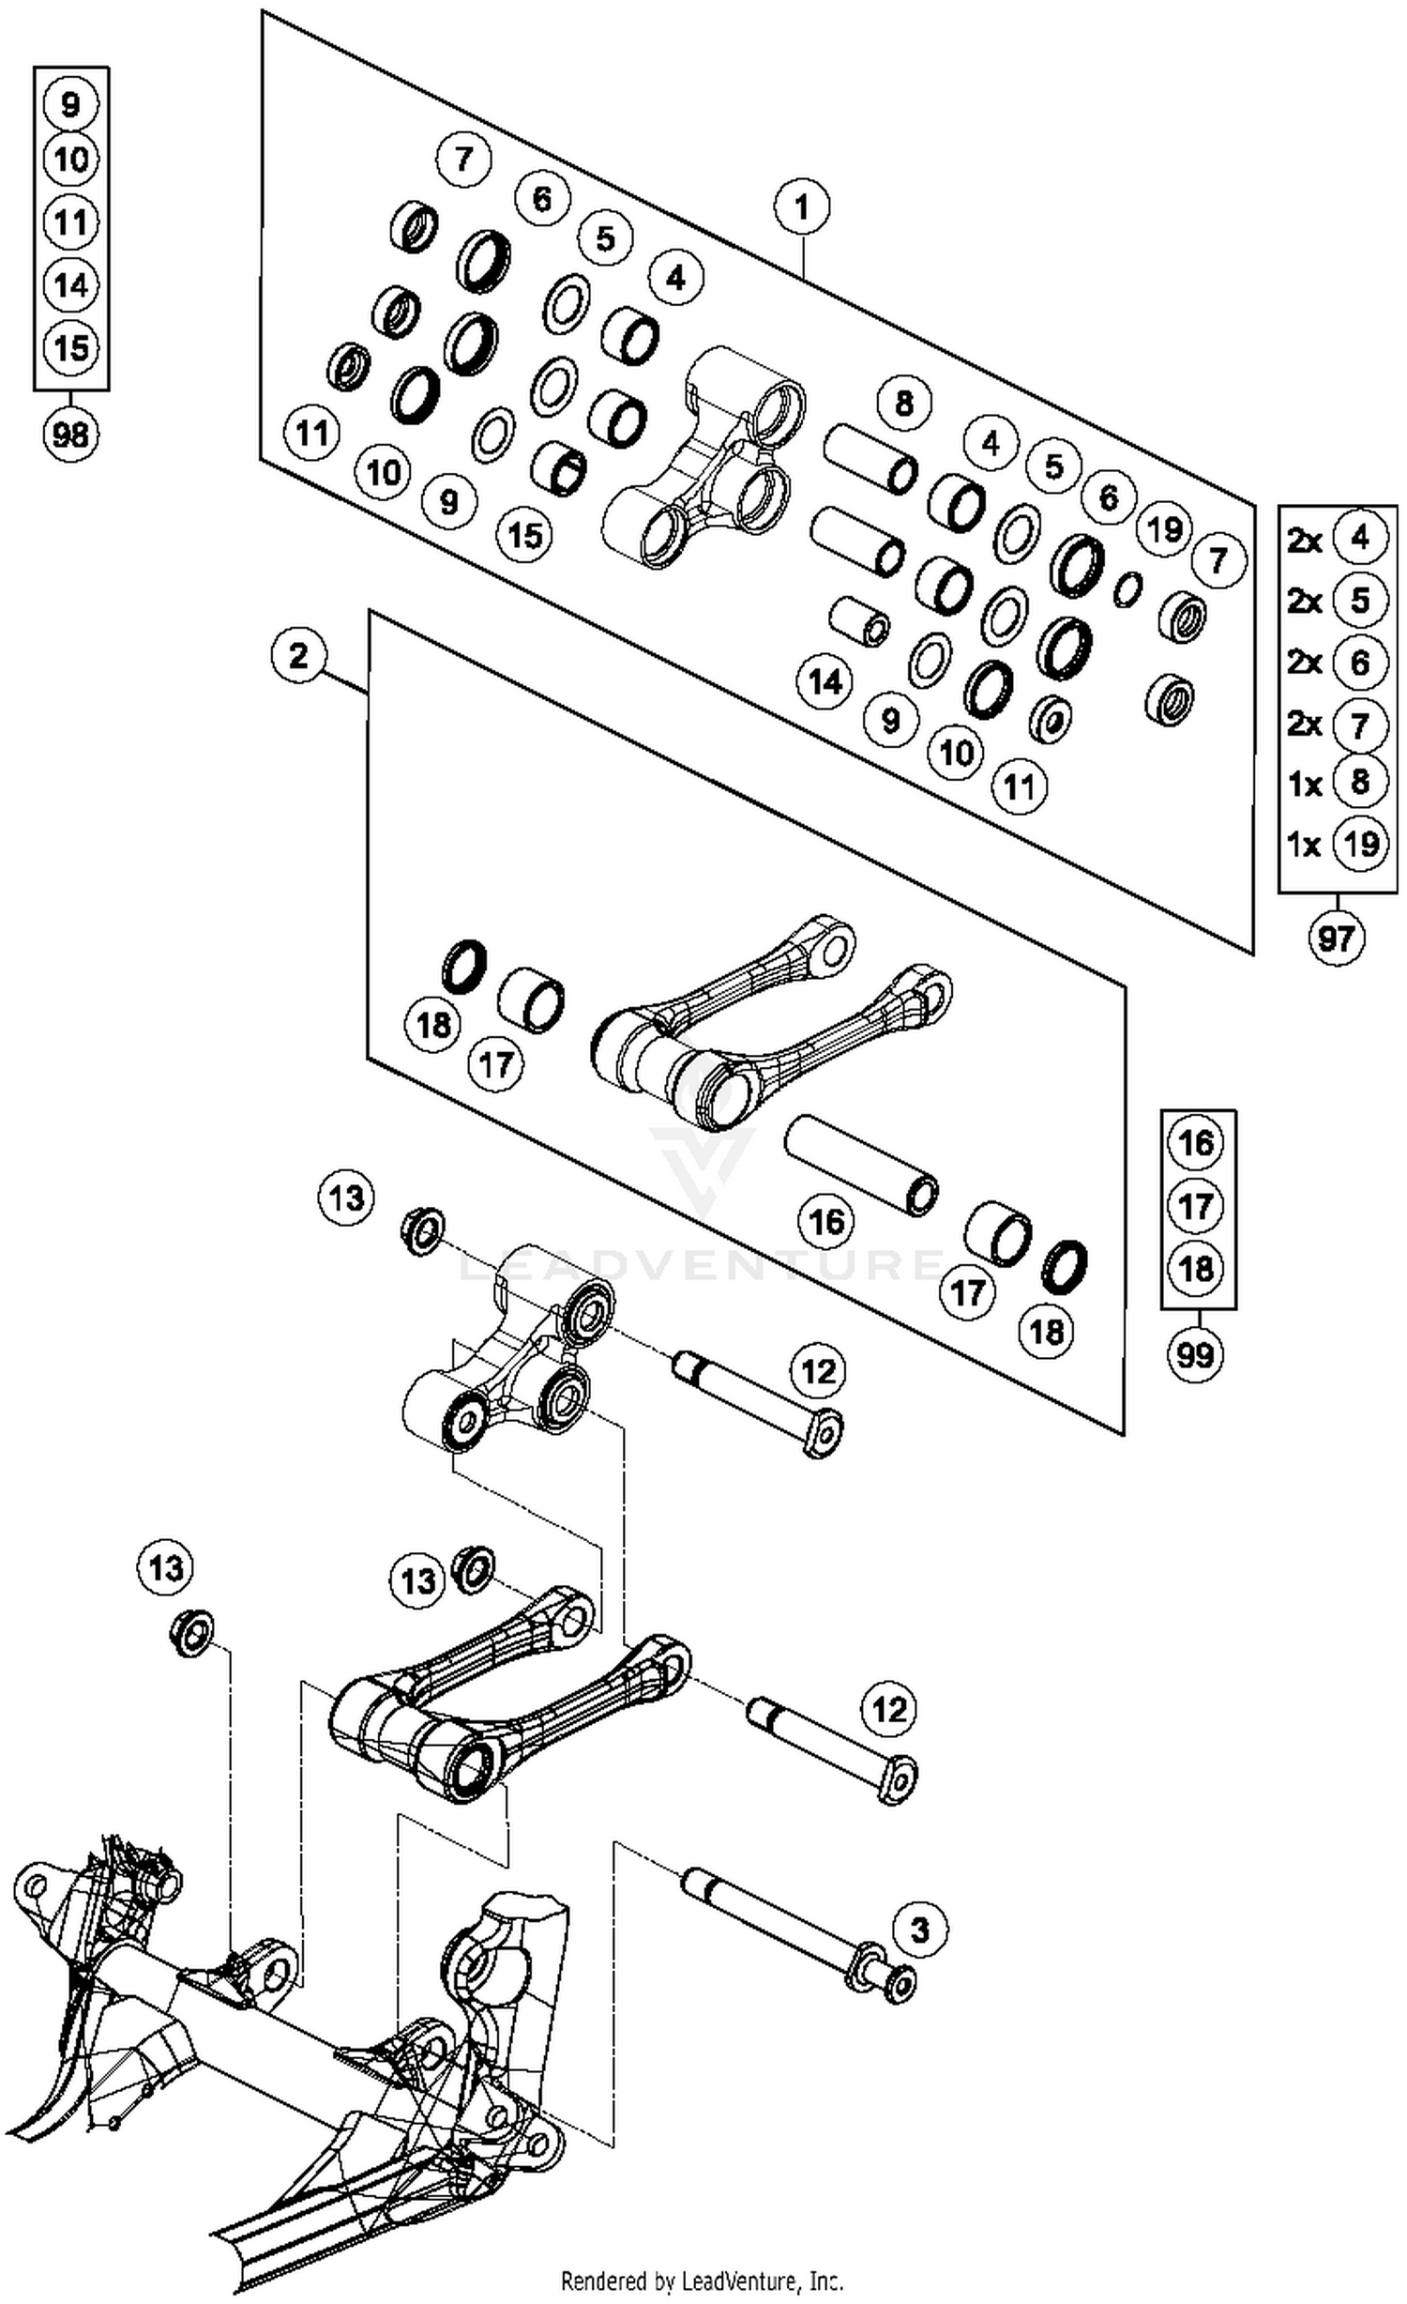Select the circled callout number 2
click(x=298, y=656)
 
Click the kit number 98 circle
click(x=71, y=435)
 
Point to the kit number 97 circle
click(x=1336, y=938)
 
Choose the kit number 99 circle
click(x=1195, y=1355)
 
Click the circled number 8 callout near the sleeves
click(x=903, y=404)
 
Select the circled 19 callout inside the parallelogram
click(x=1165, y=529)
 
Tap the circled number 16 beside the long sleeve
click(x=826, y=1222)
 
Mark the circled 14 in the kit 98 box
click(x=71, y=284)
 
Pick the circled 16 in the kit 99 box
click(x=1196, y=1143)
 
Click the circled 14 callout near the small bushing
click(x=825, y=681)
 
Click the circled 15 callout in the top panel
click(x=525, y=535)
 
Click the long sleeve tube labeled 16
click(x=861, y=1167)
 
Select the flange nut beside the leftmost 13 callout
click(x=192, y=1634)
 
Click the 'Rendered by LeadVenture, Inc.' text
click(x=702, y=2281)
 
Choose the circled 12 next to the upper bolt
click(x=818, y=1371)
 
